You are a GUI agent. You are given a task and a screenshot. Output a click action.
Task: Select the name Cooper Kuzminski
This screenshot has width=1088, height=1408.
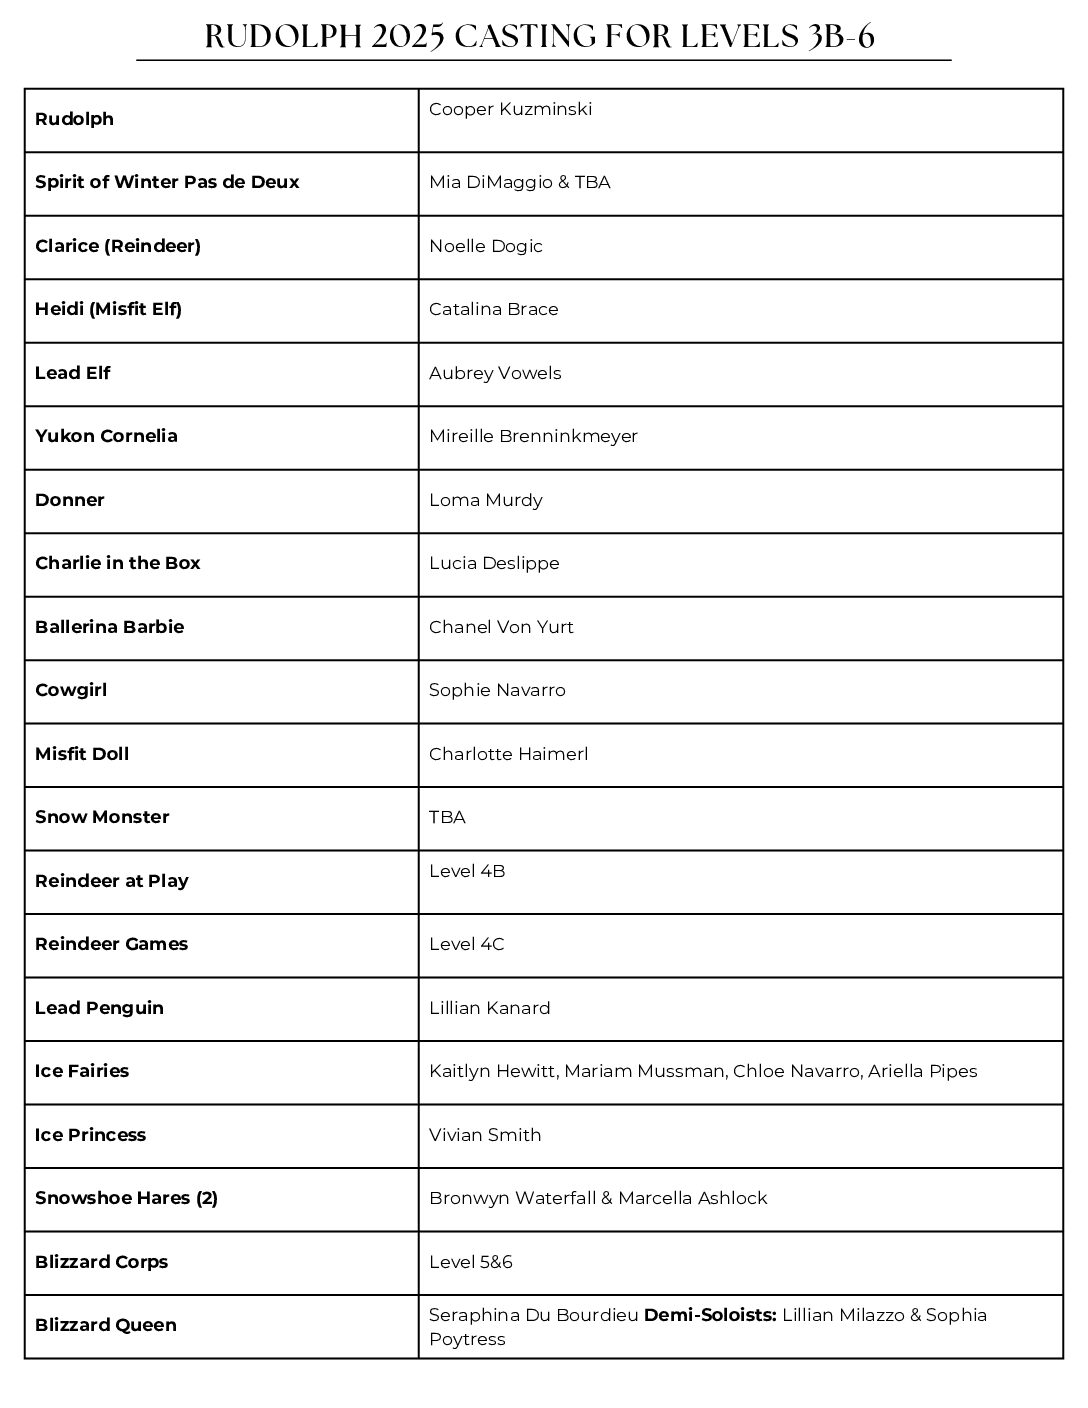510,109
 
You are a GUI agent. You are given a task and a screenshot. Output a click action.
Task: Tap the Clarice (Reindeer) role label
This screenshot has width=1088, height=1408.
118,246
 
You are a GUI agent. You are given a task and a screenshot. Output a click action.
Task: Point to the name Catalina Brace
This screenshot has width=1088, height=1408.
493,309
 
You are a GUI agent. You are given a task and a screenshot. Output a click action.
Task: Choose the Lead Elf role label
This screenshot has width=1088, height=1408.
73,373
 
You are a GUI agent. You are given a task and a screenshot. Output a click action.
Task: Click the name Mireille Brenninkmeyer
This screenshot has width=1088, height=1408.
533,436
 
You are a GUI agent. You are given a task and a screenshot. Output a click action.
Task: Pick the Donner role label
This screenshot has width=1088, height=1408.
70,500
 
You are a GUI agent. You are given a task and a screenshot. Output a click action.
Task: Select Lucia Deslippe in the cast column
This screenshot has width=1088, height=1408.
494,563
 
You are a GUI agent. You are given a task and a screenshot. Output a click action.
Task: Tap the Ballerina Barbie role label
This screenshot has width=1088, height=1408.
110,627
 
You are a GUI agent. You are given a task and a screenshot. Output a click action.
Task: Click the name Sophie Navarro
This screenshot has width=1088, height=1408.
497,690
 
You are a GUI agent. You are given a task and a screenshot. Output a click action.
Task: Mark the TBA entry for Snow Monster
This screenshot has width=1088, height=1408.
447,817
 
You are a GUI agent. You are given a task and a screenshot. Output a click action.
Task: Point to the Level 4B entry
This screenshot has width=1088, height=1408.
467,871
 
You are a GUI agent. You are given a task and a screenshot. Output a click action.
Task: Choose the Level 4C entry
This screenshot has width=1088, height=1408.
467,944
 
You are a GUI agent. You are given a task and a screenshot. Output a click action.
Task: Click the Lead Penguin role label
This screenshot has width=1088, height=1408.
99,1008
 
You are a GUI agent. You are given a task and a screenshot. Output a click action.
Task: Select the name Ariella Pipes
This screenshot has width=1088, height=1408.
922,1071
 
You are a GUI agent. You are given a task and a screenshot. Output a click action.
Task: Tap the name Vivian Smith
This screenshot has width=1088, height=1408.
485,1135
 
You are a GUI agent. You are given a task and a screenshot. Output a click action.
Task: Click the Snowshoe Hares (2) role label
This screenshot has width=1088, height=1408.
126,1198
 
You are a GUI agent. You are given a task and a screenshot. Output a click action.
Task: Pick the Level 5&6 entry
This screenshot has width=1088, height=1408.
471,1262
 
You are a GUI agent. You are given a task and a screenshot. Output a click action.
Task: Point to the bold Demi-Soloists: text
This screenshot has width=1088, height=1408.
710,1315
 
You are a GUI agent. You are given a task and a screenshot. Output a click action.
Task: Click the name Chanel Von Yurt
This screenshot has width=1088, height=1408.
501,627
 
